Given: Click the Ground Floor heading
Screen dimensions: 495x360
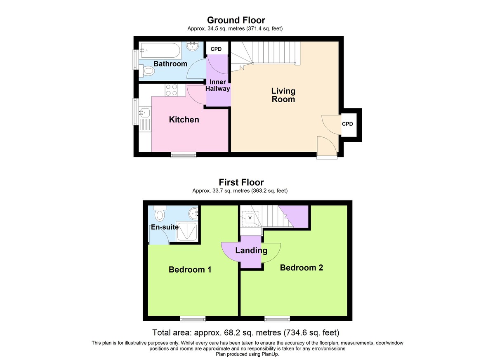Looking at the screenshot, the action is point(236,20).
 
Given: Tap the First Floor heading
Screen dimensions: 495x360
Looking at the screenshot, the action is point(241,182).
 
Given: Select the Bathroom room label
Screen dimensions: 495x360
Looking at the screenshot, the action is point(170,64).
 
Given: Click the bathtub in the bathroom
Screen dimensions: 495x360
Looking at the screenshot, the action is point(160,51).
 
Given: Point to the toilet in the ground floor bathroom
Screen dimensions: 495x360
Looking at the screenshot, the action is point(147,71).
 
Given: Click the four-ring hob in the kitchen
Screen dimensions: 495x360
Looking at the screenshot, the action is point(172,90).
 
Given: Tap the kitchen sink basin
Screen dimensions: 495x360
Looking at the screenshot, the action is point(145,113).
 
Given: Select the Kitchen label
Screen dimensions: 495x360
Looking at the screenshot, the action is point(184,120).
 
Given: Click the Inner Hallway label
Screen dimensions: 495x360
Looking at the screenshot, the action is point(218,85).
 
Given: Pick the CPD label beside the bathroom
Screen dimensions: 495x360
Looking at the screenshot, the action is point(216,49).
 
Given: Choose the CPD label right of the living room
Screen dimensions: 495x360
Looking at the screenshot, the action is point(347,124).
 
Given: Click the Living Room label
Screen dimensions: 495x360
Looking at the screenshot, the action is point(283,95).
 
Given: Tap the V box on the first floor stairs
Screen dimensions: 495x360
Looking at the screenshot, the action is point(250,218).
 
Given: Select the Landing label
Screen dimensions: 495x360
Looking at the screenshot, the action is point(251,250).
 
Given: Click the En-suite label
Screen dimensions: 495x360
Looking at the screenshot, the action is point(165,227).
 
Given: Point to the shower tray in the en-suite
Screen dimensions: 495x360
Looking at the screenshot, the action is point(186,231).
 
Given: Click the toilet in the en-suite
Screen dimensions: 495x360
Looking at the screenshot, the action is point(160,213).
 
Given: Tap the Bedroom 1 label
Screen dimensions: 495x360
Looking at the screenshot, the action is point(190,270).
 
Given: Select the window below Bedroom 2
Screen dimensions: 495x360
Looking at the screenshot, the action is point(277,319).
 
